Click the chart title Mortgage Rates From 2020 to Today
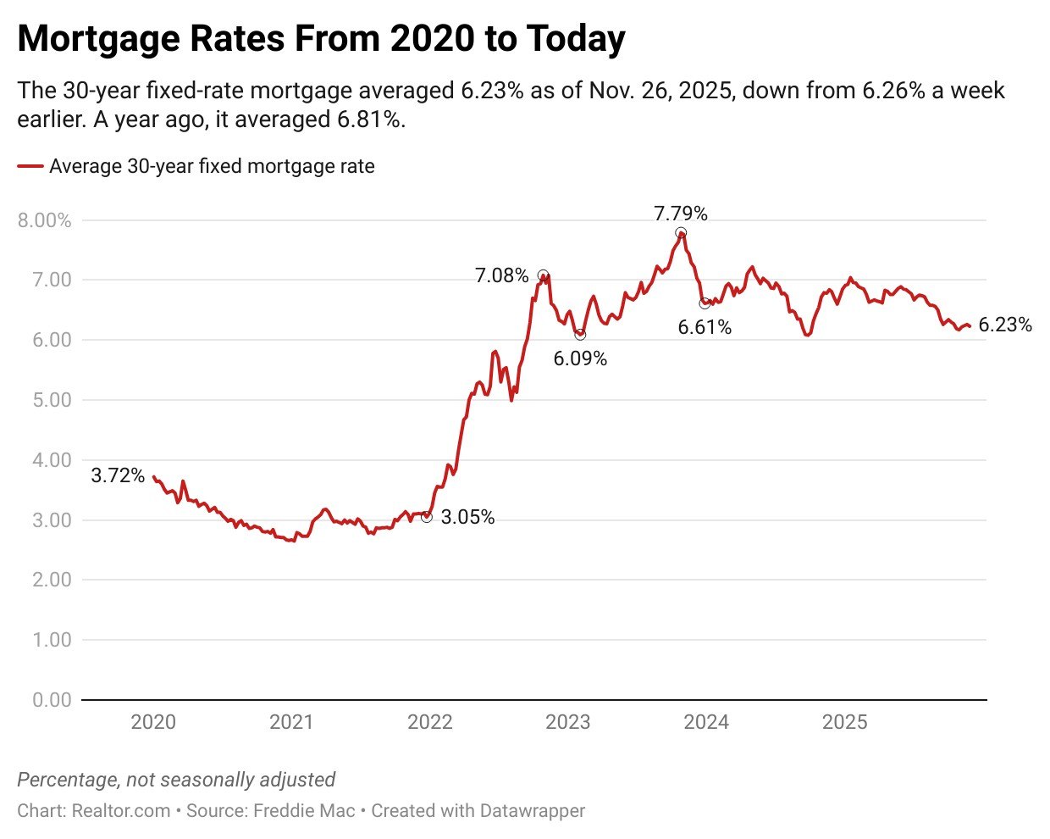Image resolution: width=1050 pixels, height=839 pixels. [321, 39]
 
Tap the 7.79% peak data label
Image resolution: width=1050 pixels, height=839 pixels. [680, 214]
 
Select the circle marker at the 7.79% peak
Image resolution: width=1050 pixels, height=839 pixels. [681, 233]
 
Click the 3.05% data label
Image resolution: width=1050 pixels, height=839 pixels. [467, 517]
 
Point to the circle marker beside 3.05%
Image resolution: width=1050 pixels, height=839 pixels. [426, 517]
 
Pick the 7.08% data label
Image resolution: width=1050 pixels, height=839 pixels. [501, 275]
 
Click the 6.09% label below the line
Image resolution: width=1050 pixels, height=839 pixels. [580, 358]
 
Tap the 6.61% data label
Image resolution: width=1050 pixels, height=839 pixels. [705, 327]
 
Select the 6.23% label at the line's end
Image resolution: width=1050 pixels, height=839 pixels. [1005, 325]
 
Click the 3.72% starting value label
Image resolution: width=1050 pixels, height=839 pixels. [118, 475]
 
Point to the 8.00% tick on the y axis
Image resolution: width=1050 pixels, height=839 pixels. [44, 220]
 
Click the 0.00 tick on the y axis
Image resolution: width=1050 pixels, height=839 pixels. [52, 700]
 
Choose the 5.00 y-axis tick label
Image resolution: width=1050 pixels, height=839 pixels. [52, 400]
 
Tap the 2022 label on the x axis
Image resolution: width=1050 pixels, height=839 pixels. [429, 722]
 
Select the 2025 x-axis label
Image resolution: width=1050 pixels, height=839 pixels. [844, 722]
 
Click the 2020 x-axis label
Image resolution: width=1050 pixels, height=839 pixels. [153, 722]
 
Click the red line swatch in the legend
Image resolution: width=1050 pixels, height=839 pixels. [30, 167]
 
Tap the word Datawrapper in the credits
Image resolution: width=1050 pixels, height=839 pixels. [532, 810]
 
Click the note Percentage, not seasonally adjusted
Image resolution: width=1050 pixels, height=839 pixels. [176, 780]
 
